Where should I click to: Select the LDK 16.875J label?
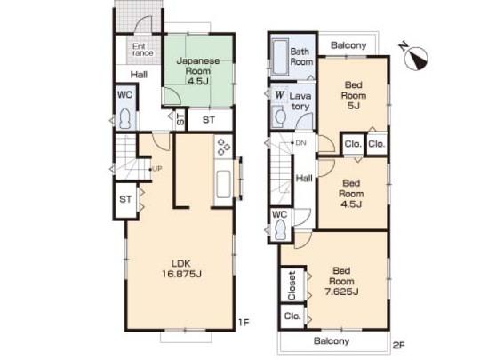[x=180, y=268]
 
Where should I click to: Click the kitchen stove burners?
[x=223, y=149]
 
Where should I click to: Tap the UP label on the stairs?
[x=157, y=169]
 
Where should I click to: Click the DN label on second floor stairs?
[x=301, y=142]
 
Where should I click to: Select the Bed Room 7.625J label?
[x=343, y=277]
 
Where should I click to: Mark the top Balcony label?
[x=348, y=45]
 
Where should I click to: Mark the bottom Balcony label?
[x=330, y=340]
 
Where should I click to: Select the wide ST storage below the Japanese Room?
[x=207, y=119]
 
